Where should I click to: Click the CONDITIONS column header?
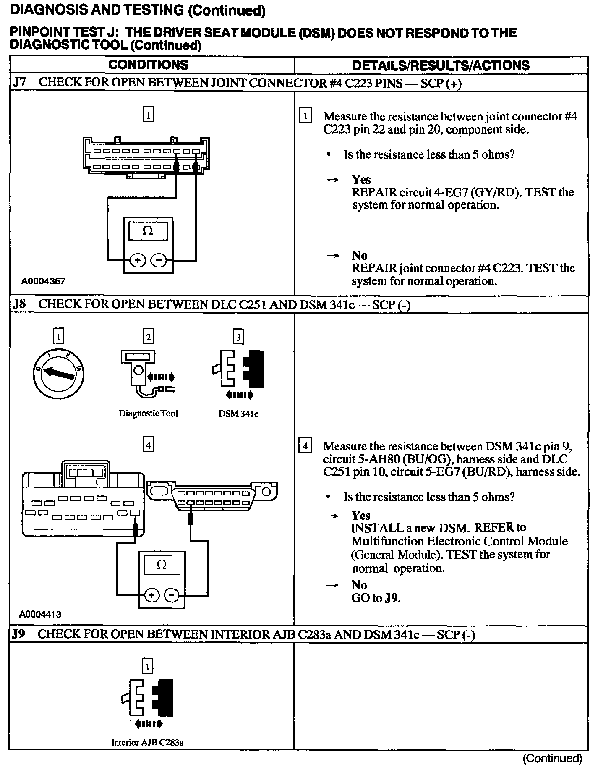pos(149,65)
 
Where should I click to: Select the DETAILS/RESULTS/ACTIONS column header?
pos(441,65)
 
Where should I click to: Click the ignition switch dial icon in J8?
pos(58,372)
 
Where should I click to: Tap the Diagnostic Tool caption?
pos(149,414)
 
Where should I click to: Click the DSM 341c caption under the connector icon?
pos(238,414)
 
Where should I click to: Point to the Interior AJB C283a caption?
pos(147,742)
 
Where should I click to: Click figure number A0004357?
pos(43,281)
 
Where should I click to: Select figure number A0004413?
pos(41,614)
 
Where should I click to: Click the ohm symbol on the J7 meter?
pos(148,230)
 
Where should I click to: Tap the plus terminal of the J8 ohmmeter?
pos(152,595)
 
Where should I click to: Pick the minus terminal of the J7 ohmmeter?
pos(158,261)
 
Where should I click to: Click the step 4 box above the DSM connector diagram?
pos(148,445)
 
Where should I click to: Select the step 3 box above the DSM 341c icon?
pos(238,337)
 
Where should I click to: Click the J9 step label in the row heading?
pos(19,634)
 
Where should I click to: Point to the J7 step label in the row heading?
pos(20,82)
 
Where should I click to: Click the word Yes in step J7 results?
pos(361,180)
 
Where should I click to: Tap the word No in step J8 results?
pos(359,585)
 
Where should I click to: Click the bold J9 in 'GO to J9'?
pos(391,598)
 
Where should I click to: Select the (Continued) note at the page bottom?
pos(552,758)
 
